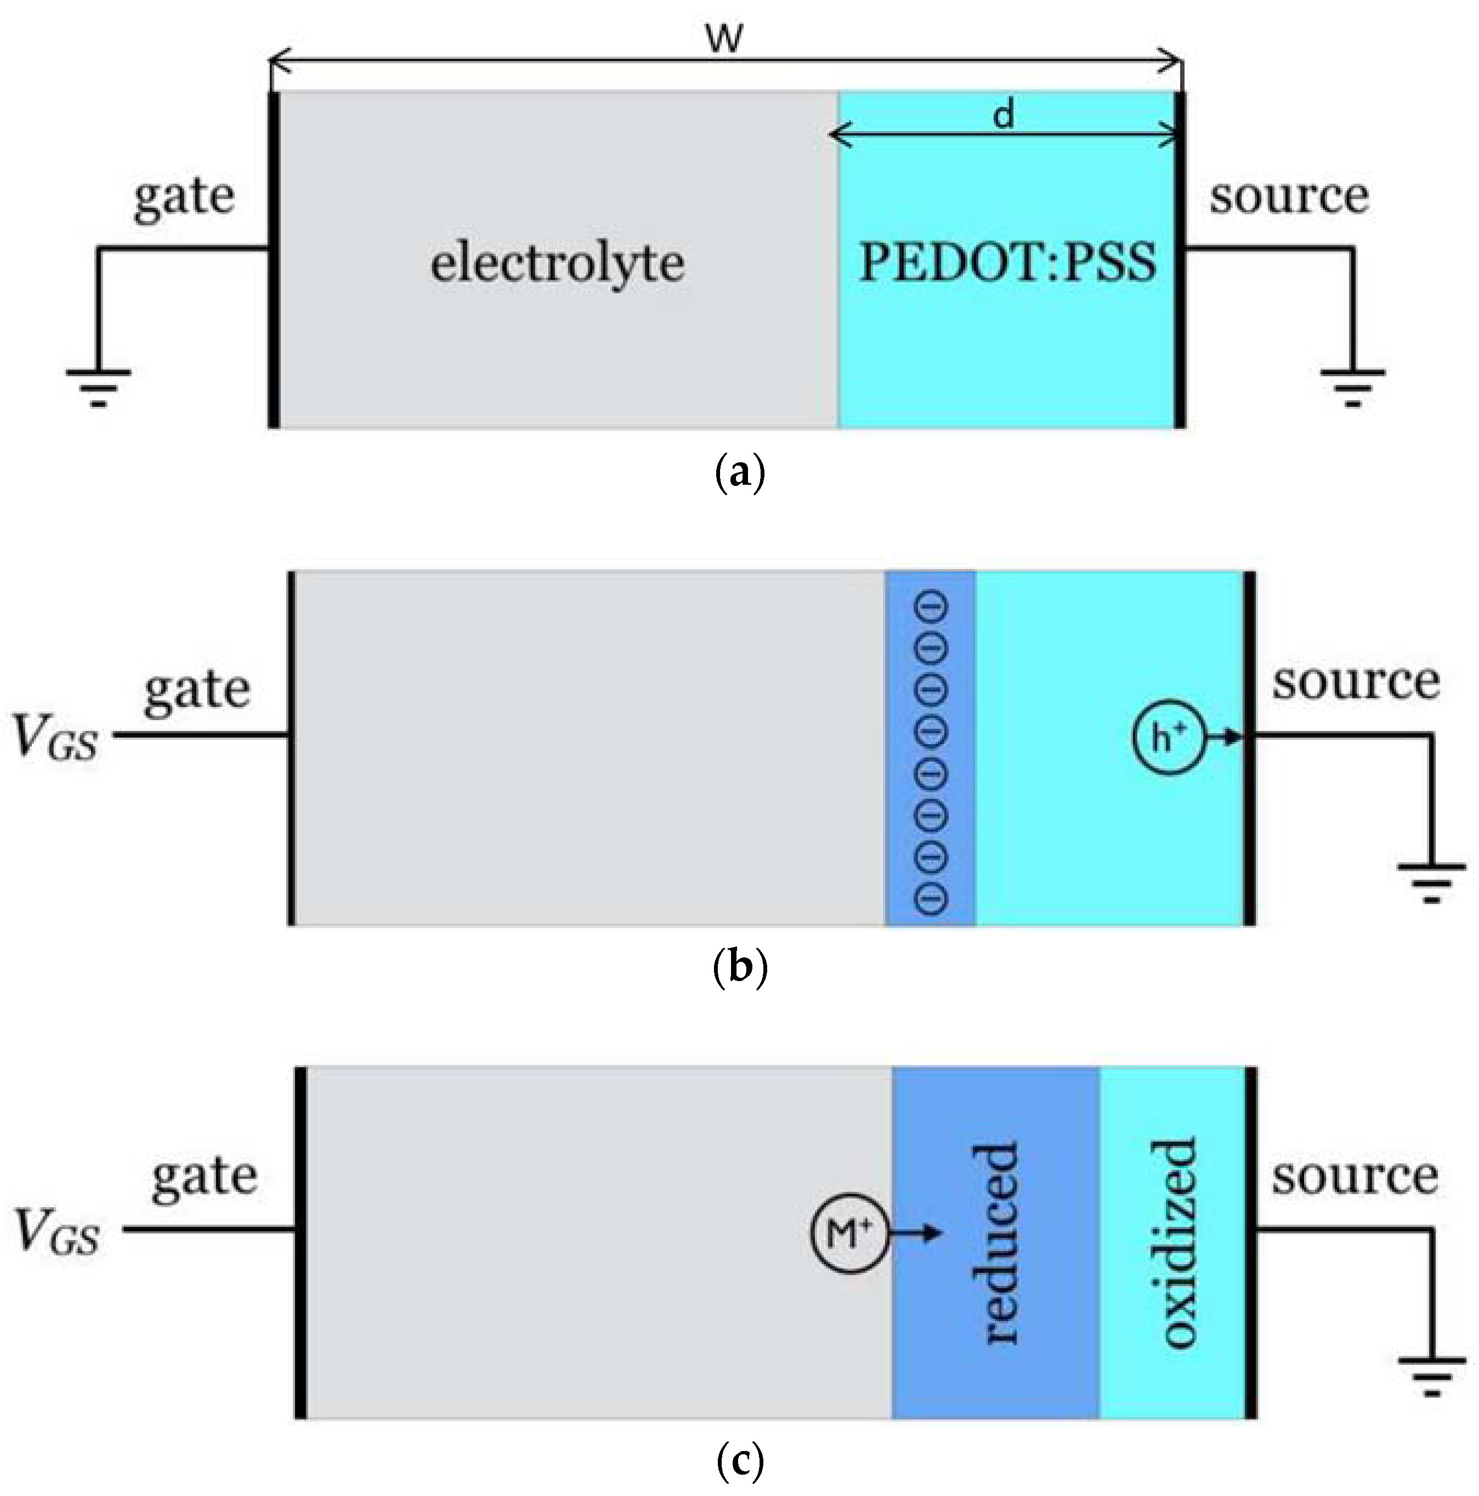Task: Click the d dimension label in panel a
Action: (1004, 116)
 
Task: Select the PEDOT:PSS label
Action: (1007, 263)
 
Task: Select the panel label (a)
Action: (739, 472)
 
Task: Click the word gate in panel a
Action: (184, 197)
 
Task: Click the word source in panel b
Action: (1356, 682)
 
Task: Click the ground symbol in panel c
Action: (1431, 1378)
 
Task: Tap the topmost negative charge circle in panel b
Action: (932, 607)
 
